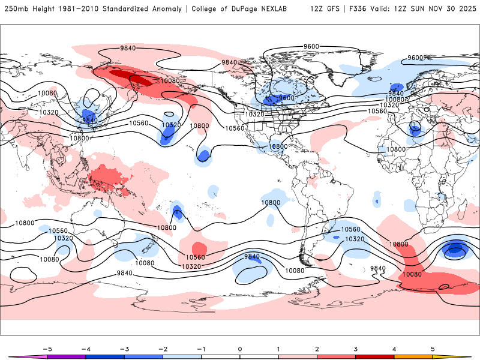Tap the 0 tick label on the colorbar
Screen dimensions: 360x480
pos(240,348)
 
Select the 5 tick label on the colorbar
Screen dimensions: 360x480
pos(432,348)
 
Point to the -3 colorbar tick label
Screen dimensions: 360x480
pos(124,348)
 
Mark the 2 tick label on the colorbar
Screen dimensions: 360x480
pos(317,348)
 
